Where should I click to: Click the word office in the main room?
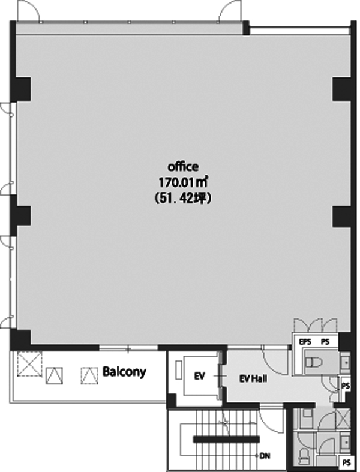click(183, 167)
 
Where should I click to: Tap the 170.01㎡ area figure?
click(184, 182)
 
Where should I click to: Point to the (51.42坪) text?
click(183, 199)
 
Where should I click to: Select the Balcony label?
click(124, 372)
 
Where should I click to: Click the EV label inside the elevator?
click(199, 376)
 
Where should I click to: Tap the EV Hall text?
click(253, 378)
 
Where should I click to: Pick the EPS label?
click(305, 342)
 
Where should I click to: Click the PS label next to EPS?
click(325, 342)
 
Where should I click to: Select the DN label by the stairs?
click(265, 456)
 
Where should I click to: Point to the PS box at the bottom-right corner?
click(347, 462)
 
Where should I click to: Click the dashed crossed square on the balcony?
click(29, 364)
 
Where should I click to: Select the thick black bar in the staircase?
click(226, 439)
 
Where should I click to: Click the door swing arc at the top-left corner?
click(28, 11)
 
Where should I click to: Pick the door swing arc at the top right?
click(230, 11)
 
